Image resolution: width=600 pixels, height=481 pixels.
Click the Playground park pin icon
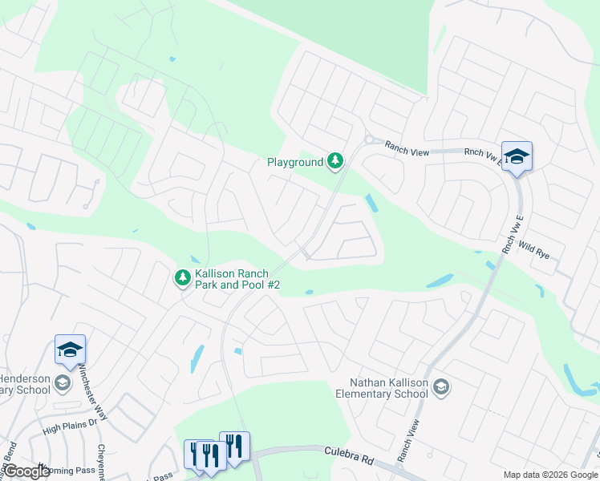click(335, 162)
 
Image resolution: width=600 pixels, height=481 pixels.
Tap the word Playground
click(294, 163)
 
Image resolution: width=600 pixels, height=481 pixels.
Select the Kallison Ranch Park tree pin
click(183, 278)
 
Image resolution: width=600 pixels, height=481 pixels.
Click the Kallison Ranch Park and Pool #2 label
click(237, 279)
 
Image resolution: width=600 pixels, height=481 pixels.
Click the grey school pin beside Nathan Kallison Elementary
click(440, 388)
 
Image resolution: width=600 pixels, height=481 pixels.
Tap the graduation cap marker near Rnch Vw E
click(517, 156)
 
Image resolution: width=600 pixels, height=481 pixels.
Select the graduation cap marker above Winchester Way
click(70, 350)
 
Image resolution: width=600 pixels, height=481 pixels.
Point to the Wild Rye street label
click(533, 249)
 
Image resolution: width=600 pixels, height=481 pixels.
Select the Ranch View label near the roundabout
click(408, 147)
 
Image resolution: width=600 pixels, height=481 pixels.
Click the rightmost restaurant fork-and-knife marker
click(234, 445)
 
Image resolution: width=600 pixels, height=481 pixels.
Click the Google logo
click(26, 471)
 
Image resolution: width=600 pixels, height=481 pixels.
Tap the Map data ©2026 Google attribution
click(549, 475)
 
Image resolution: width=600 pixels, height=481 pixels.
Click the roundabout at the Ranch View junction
click(370, 139)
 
